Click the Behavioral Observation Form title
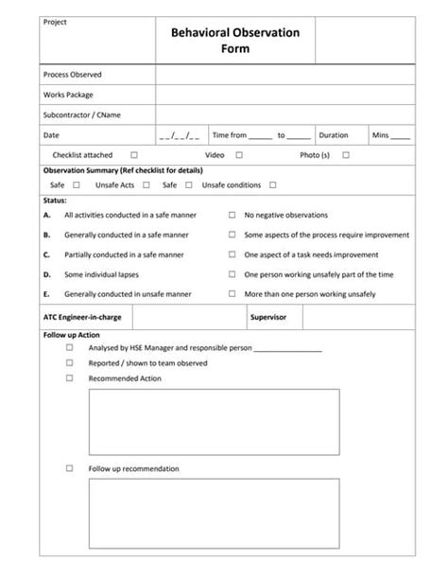click(x=235, y=40)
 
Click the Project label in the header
click(x=55, y=22)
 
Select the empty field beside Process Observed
click(x=284, y=74)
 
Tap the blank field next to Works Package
click(x=284, y=95)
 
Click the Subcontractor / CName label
click(x=82, y=114)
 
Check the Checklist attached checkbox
click(x=134, y=154)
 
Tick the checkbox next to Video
click(x=239, y=154)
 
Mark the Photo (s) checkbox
click(x=346, y=154)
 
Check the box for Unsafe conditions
click(x=273, y=184)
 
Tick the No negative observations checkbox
click(x=232, y=215)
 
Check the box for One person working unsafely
click(x=232, y=274)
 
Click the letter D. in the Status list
click(x=47, y=274)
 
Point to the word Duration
click(x=334, y=135)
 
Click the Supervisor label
click(x=268, y=317)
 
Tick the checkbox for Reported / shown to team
click(x=69, y=362)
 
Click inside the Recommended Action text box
click(x=214, y=422)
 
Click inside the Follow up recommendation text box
click(x=214, y=513)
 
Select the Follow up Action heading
click(x=73, y=335)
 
